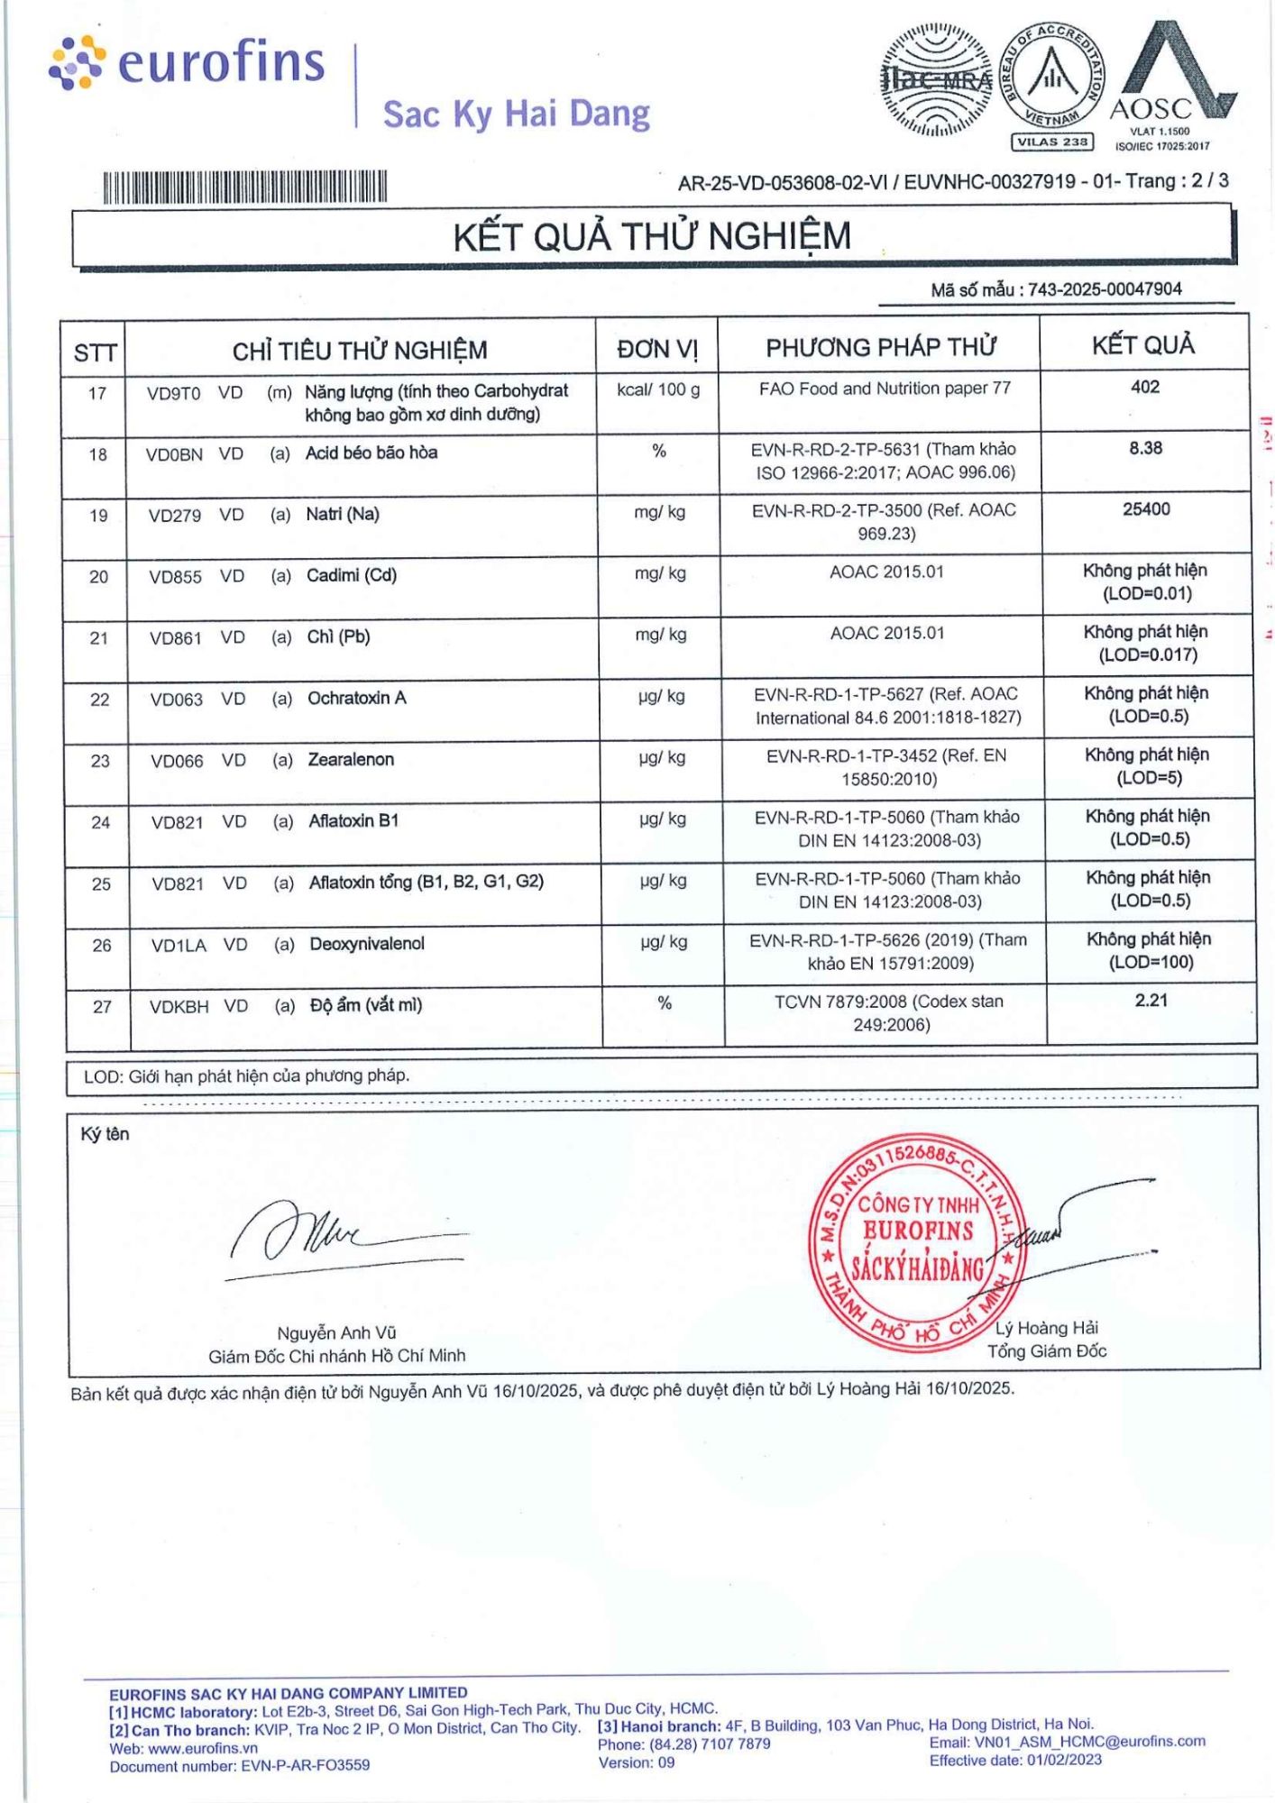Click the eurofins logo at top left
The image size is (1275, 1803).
point(187,63)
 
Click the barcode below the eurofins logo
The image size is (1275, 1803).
point(244,187)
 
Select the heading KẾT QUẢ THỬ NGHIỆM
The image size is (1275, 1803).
point(652,236)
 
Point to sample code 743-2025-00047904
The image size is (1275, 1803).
point(1105,289)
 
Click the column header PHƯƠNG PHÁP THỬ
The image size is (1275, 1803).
point(880,347)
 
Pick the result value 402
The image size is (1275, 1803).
point(1144,387)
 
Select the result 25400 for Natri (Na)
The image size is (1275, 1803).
point(1146,509)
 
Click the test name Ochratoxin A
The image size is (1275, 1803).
point(357,698)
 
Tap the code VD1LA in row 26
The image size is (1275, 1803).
point(179,946)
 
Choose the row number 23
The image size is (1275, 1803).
point(100,761)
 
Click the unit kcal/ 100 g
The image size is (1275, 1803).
point(658,389)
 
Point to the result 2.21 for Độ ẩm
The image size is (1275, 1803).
point(1151,1000)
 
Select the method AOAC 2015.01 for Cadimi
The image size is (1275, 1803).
point(886,572)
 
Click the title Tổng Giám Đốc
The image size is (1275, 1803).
point(1046,1350)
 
